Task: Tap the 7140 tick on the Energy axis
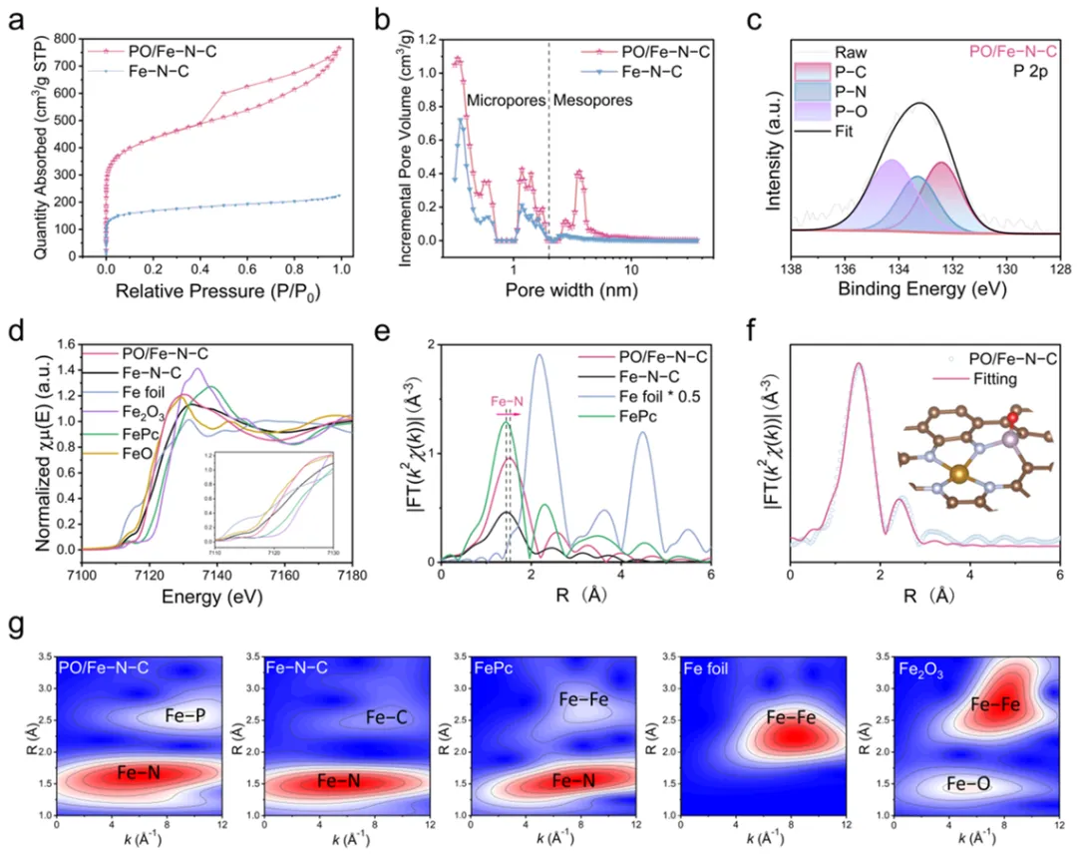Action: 216,576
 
